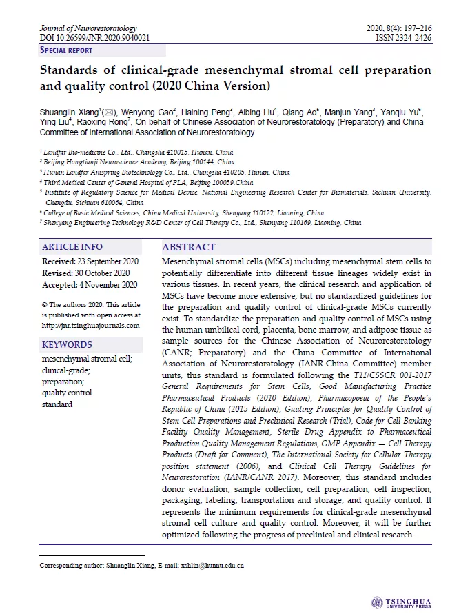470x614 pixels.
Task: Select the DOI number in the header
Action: pos(94,38)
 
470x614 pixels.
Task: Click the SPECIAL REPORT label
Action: pos(66,50)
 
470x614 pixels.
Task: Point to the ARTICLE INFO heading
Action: pos(72,247)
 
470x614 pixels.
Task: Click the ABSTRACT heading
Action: pos(189,247)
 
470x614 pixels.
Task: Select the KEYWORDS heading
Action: pos(67,345)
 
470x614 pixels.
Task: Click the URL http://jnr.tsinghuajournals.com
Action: pos(90,326)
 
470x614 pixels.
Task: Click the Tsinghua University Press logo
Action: pos(401,602)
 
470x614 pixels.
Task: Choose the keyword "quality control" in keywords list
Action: pos(67,393)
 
